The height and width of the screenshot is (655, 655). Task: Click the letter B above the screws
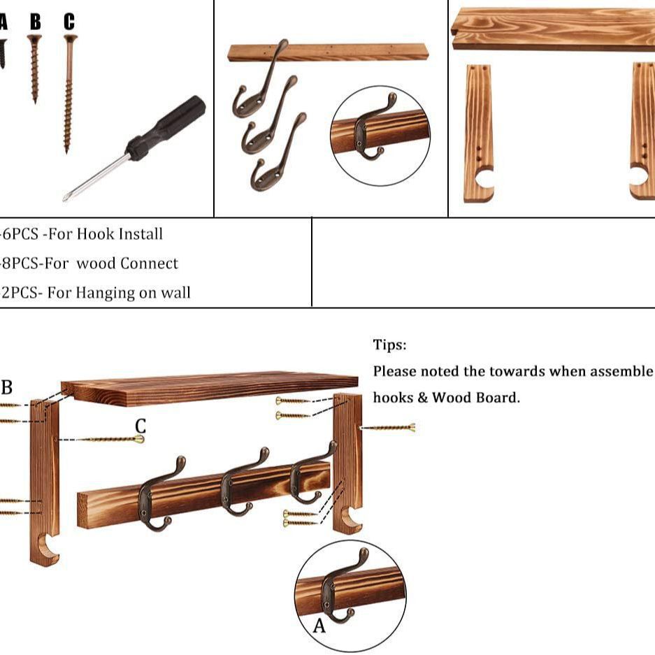pyautogui.click(x=35, y=22)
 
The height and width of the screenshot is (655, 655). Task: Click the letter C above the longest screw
pyautogui.click(x=69, y=22)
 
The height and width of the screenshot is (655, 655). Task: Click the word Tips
pyautogui.click(x=389, y=345)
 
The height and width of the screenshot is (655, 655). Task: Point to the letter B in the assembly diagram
pyautogui.click(x=7, y=387)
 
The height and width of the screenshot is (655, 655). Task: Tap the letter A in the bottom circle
pyautogui.click(x=319, y=626)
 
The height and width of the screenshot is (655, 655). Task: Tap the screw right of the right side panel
pyautogui.click(x=388, y=427)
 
